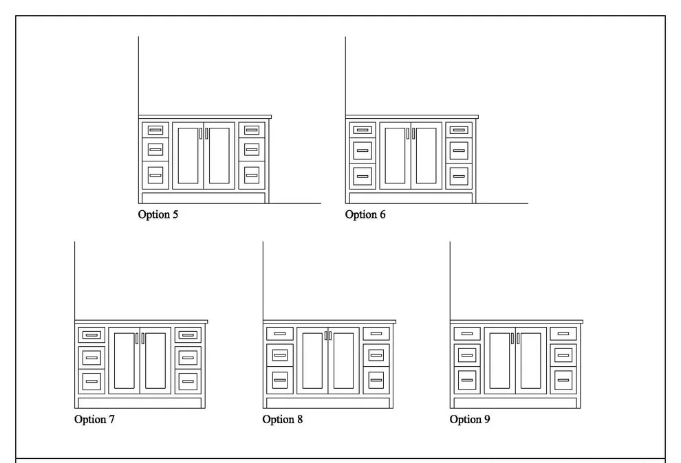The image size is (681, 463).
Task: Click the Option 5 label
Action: tap(158, 214)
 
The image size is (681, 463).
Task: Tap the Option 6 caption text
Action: tap(365, 214)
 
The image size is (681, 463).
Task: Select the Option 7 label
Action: tap(94, 419)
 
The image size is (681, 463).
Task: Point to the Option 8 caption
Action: tap(282, 419)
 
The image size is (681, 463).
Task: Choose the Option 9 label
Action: tap(470, 419)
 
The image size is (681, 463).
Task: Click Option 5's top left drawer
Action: tap(155, 130)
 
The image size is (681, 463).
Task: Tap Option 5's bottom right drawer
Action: tap(252, 175)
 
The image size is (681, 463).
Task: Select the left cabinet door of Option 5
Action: tap(188, 156)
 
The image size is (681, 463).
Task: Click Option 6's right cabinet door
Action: tap(426, 156)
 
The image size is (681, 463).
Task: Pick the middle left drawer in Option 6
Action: tap(363, 150)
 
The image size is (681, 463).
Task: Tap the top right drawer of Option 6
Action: tap(459, 130)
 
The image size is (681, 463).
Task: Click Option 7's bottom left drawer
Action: tap(91, 381)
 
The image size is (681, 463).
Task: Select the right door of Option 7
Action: tap(155, 361)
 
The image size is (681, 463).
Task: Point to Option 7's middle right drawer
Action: tap(188, 358)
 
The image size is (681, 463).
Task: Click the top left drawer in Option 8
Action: tap(280, 334)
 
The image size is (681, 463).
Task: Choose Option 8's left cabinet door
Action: tap(312, 361)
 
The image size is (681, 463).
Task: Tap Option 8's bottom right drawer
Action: tap(376, 381)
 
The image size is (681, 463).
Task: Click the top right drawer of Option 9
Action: tap(563, 334)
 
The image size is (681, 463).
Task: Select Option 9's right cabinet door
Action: tap(531, 361)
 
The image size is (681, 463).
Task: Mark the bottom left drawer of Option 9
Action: tap(467, 381)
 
